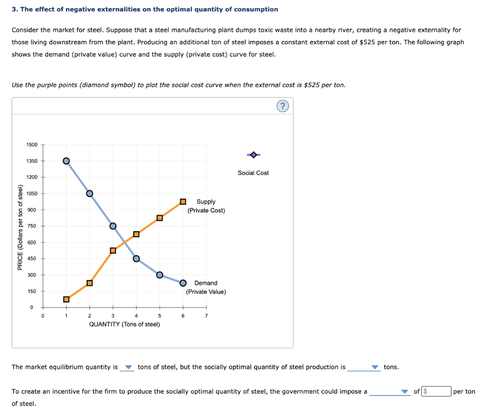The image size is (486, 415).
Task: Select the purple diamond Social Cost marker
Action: (253, 154)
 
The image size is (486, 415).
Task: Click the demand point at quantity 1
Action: (66, 161)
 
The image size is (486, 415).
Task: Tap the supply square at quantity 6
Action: (183, 202)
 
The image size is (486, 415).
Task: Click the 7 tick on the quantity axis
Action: (206, 315)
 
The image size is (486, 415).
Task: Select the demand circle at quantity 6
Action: (183, 283)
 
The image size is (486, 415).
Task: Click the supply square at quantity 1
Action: (66, 299)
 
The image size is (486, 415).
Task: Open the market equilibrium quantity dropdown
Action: (127, 367)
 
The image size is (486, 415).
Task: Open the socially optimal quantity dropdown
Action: (364, 367)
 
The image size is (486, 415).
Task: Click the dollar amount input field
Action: (436, 392)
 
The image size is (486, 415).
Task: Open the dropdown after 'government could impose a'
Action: (390, 392)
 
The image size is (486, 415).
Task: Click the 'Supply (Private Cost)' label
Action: (206, 206)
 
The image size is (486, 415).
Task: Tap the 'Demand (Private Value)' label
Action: (206, 287)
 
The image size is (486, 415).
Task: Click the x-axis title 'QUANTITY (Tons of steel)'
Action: (124, 324)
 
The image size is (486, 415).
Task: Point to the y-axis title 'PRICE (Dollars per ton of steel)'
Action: (20, 226)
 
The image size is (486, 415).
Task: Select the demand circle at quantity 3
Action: (113, 226)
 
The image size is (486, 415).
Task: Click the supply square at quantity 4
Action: (136, 234)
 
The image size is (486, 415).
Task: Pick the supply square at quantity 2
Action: (90, 283)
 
